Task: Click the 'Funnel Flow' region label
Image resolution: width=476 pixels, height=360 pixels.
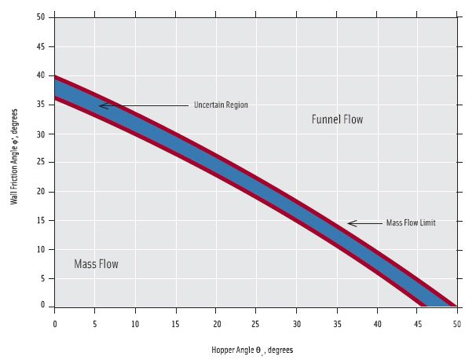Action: (337, 119)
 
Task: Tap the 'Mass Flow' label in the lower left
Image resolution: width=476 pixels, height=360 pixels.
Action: (96, 264)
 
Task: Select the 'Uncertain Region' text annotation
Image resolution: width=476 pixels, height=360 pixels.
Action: (221, 105)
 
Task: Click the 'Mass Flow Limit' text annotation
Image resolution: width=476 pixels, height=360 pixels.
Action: (410, 223)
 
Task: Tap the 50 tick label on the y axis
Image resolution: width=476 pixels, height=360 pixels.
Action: (40, 17)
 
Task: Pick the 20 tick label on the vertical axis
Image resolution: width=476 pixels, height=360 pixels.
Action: (40, 191)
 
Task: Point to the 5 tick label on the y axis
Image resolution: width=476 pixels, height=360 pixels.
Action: (42, 277)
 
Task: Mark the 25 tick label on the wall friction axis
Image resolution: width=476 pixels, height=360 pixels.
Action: (40, 163)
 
